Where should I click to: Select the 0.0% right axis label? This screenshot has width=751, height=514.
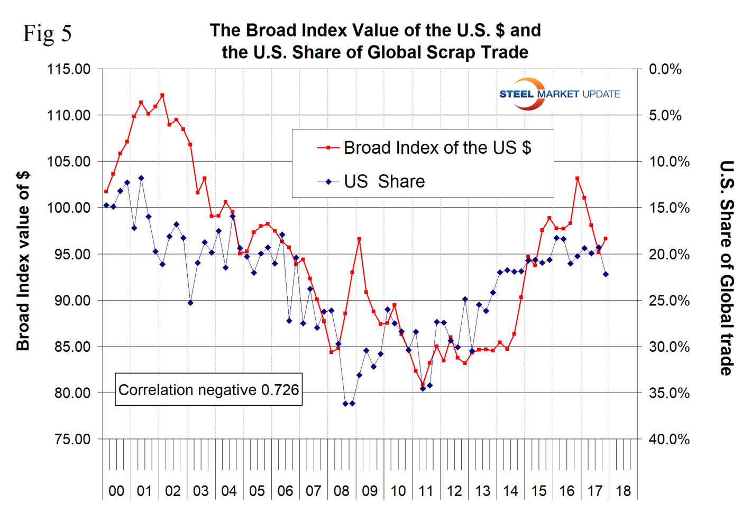[665, 69]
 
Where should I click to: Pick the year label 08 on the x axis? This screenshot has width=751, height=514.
[342, 491]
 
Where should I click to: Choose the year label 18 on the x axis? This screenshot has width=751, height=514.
[623, 491]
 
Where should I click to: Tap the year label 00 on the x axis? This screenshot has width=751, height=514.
[116, 491]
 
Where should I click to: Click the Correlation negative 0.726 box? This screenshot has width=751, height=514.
[208, 390]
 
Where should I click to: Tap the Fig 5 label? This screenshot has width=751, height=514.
[47, 33]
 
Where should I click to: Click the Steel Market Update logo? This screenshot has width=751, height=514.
[559, 94]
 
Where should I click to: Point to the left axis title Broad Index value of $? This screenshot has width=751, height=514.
[23, 261]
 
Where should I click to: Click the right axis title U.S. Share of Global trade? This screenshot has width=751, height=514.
[727, 268]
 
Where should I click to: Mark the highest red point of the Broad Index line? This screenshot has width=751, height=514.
[162, 95]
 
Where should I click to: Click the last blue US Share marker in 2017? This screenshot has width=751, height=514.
[606, 274]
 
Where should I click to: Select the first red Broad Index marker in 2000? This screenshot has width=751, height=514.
[106, 191]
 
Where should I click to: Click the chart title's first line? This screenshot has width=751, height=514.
[375, 30]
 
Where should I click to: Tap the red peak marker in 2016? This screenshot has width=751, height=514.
[578, 179]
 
